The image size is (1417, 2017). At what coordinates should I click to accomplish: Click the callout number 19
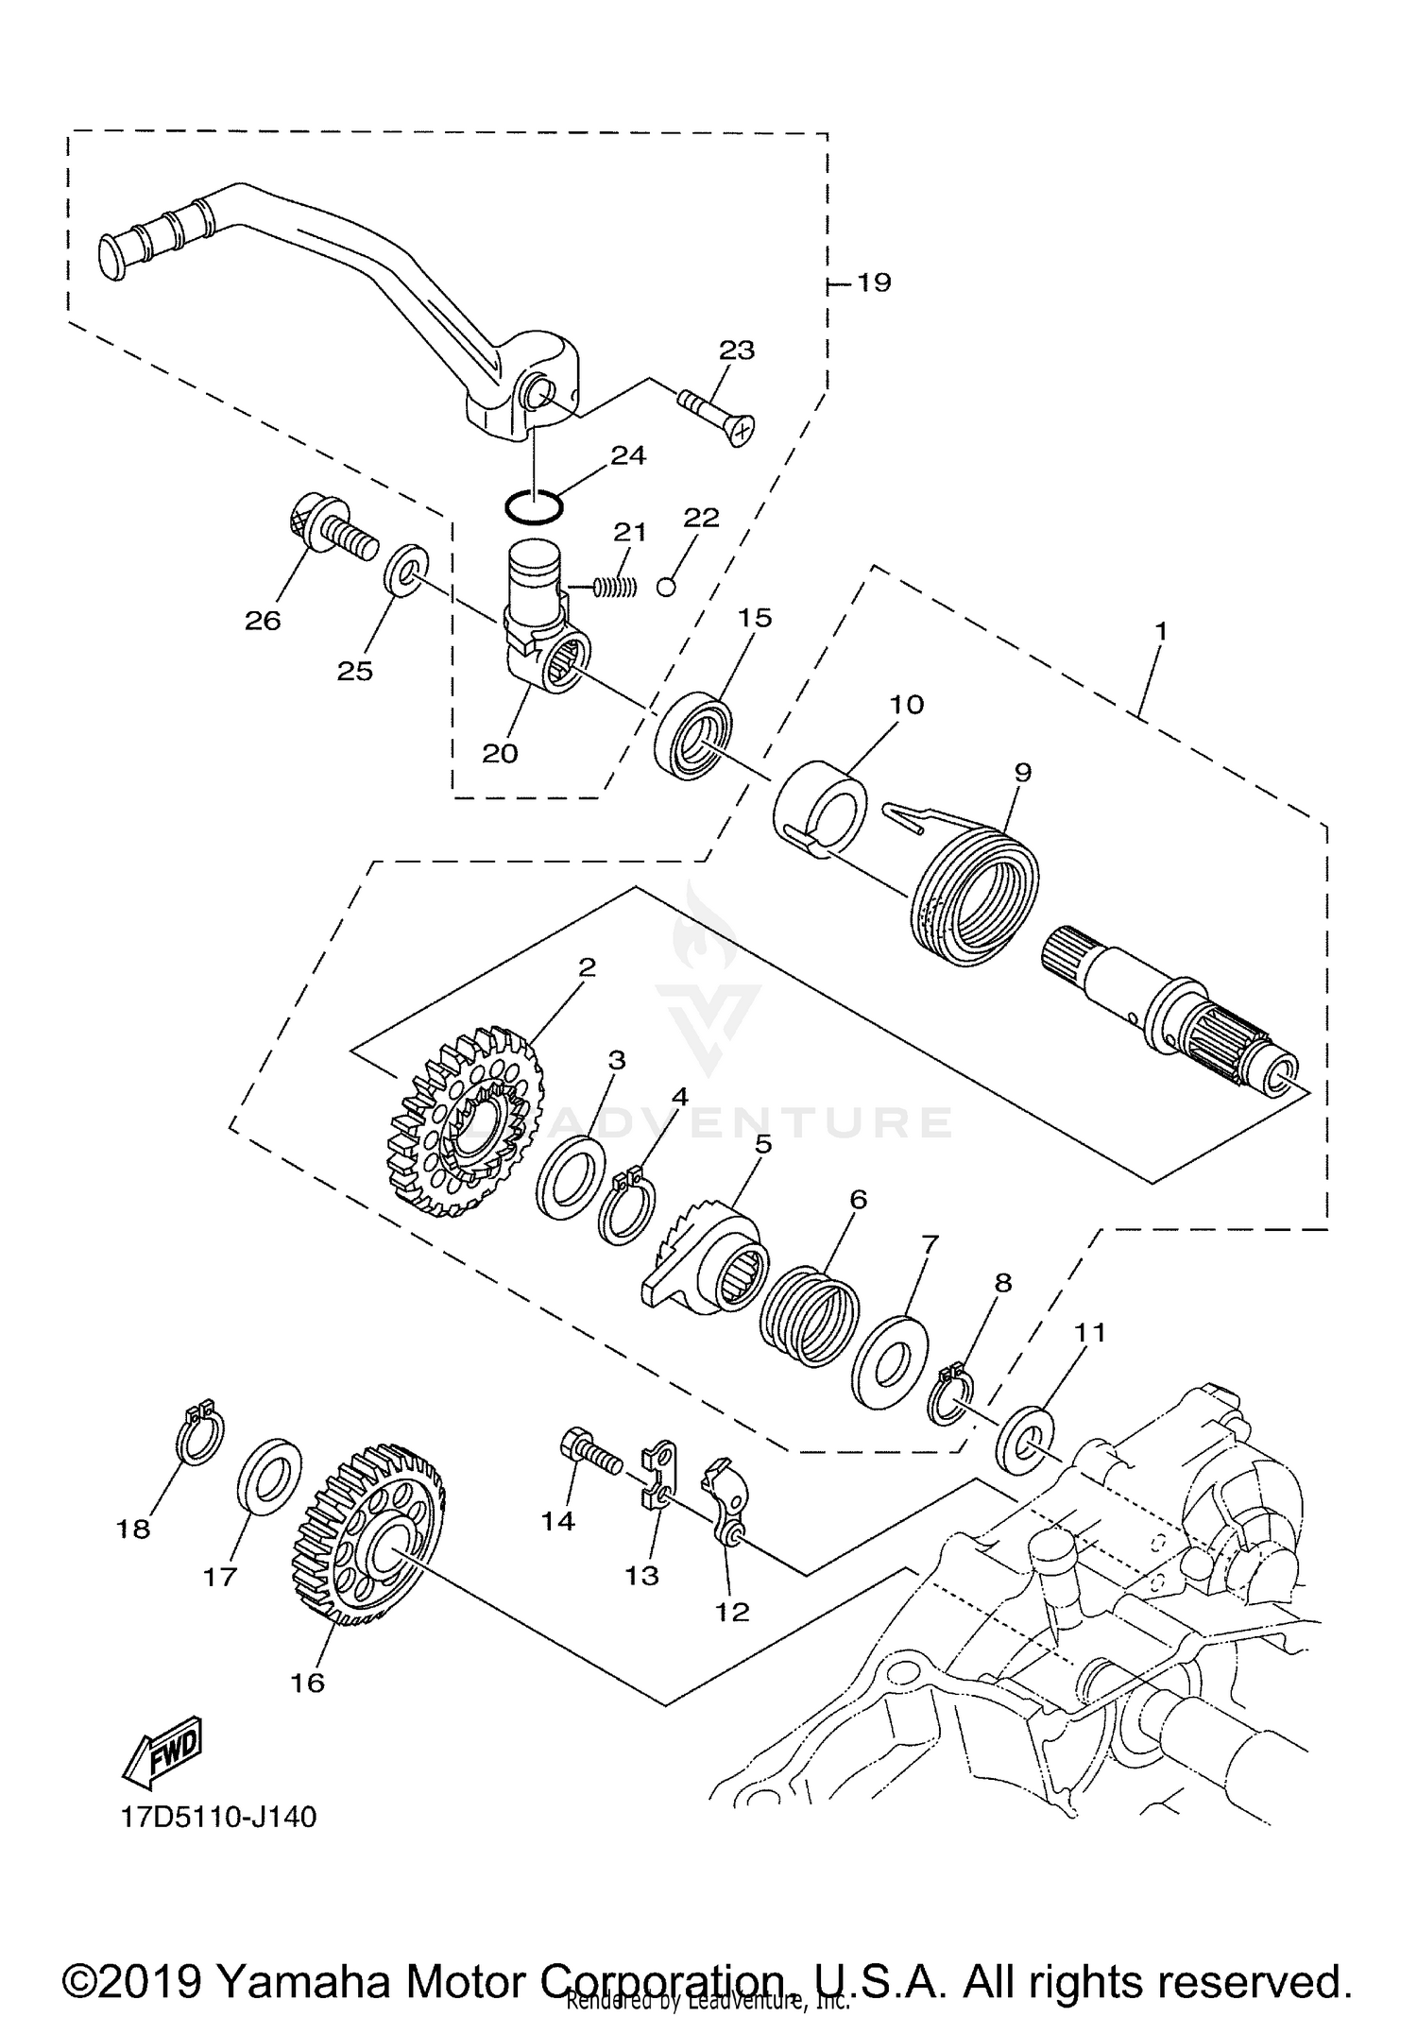(x=873, y=282)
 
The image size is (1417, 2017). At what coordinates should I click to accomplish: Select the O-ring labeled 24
(x=535, y=505)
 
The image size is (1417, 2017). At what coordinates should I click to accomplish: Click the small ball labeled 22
(x=667, y=587)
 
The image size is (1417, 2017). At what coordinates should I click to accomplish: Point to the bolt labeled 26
(x=331, y=531)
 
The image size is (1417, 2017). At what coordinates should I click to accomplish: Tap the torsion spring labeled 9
(x=973, y=892)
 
